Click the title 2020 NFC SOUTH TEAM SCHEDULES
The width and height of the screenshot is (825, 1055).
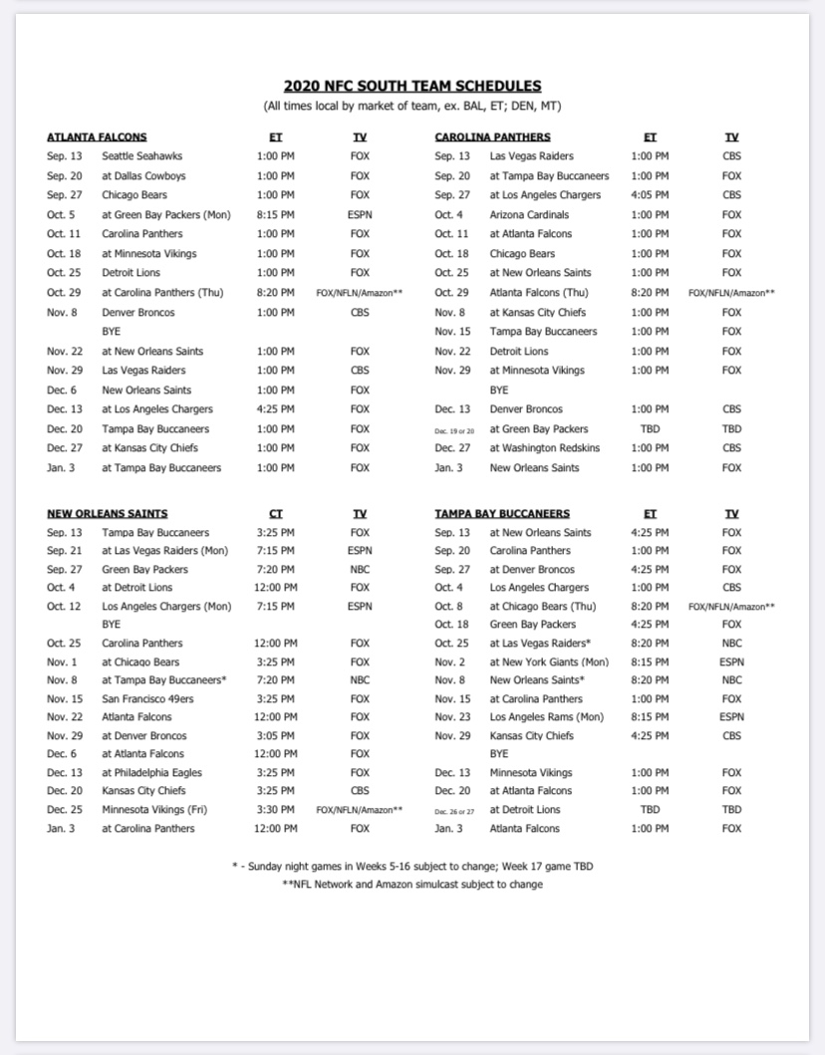tap(412, 87)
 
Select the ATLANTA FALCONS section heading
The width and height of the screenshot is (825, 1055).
tap(97, 137)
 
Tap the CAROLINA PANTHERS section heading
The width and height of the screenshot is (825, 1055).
tap(492, 137)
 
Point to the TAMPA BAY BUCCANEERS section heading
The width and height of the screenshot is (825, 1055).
tap(502, 514)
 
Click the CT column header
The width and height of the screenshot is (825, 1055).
tap(276, 514)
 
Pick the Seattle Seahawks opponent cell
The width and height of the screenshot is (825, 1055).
tap(142, 156)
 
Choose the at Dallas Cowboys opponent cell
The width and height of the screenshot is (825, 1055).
tap(143, 176)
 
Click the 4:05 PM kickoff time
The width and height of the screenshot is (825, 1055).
tap(650, 195)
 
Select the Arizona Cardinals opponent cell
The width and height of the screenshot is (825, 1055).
tap(530, 214)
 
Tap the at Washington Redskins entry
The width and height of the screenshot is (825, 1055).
tap(545, 448)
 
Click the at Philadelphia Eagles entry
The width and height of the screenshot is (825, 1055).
tap(151, 772)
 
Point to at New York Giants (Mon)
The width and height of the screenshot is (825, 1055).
tap(549, 661)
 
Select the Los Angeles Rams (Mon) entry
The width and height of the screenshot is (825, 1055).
tap(547, 717)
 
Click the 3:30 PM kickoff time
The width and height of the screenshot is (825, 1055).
tap(276, 810)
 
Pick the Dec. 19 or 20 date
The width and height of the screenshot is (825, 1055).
tap(454, 429)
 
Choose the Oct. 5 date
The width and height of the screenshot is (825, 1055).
tap(61, 215)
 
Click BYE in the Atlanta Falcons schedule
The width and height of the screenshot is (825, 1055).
tap(111, 332)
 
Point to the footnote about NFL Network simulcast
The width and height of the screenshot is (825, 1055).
tap(412, 885)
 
